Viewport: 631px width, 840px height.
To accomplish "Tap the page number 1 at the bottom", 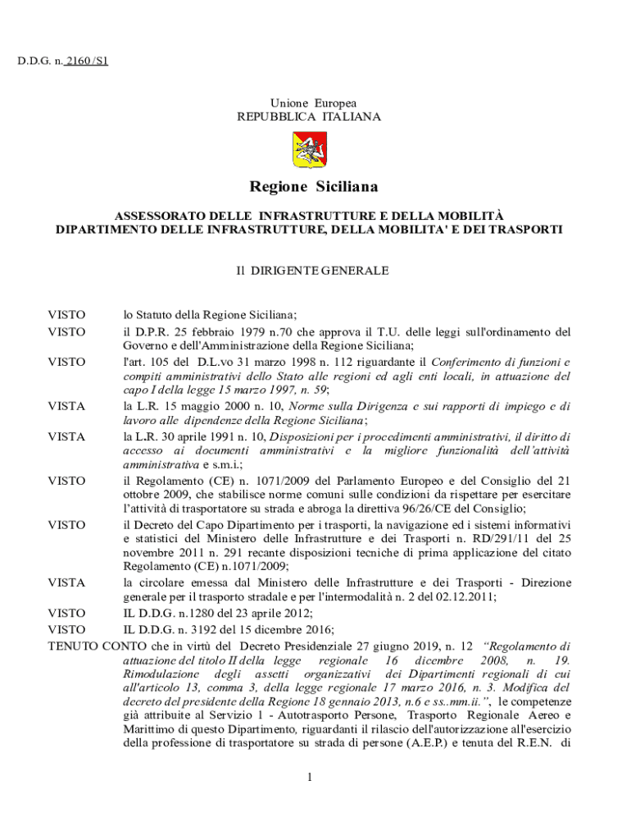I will (311, 777).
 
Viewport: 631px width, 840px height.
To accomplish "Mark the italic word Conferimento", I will (467, 361).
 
